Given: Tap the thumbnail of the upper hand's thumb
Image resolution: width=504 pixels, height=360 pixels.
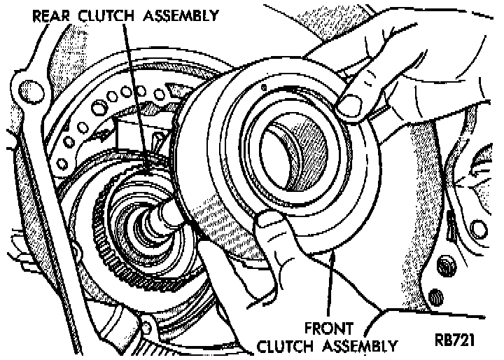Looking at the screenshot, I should click(x=351, y=105).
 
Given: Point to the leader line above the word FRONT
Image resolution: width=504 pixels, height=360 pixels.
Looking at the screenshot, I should click(x=331, y=287).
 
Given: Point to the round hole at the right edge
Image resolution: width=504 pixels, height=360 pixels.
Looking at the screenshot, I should click(x=479, y=228).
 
